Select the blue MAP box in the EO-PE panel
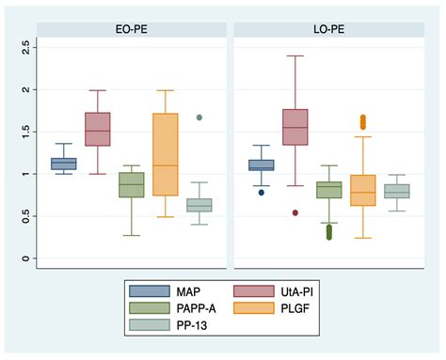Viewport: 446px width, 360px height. click(63, 164)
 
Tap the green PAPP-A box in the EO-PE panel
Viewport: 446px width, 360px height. click(132, 184)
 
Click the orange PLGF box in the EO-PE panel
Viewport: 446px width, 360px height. click(166, 154)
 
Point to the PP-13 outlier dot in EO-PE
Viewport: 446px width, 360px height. click(199, 117)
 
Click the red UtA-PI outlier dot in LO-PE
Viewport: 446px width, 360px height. click(295, 212)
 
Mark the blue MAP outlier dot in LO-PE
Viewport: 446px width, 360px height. click(262, 192)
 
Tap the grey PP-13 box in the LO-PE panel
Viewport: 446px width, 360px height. click(396, 191)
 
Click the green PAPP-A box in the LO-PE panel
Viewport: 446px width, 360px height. click(329, 190)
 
